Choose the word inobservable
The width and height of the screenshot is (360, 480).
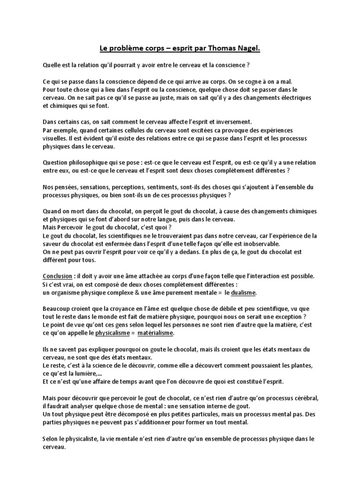(x=277, y=244)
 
